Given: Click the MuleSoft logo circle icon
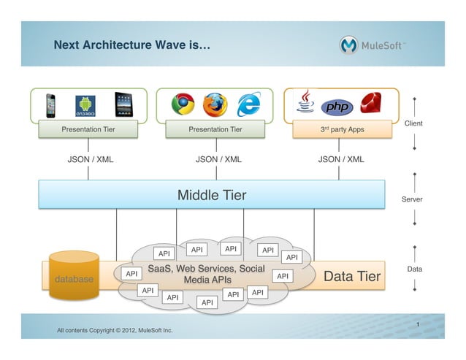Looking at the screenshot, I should point(350,45).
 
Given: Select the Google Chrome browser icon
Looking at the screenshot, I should point(183,104).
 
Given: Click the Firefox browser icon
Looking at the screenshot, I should point(215,104).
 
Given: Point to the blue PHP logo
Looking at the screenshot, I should point(337,107).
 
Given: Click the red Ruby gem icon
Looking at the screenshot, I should point(373,104).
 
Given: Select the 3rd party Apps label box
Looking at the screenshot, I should point(343,129).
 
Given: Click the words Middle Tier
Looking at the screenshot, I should point(212,195).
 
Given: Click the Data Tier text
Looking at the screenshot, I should point(352,276).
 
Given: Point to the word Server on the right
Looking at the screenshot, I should point(412,199).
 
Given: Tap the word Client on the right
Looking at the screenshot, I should point(413,123).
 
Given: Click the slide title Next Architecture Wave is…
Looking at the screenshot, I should point(132,45).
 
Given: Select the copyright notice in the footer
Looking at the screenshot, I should point(115,330).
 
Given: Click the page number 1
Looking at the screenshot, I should point(417,323).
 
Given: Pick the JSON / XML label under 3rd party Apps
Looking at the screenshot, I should point(341,158).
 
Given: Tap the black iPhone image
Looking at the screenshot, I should point(51,104).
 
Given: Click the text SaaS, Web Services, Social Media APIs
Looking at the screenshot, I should point(207,274).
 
